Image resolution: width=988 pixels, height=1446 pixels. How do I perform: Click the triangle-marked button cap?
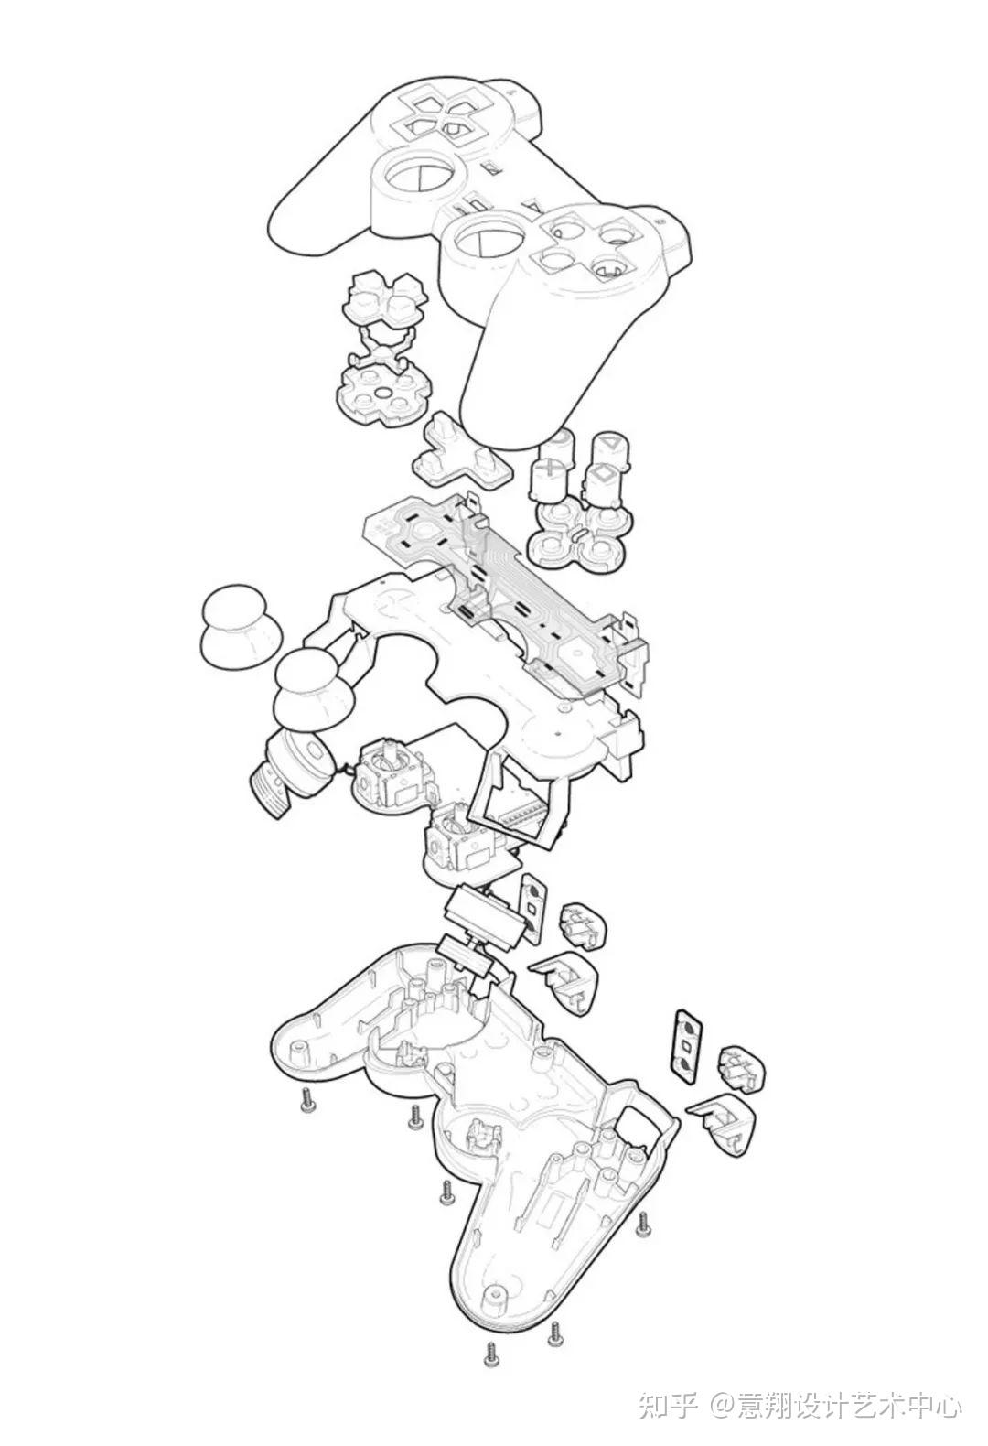click(608, 456)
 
